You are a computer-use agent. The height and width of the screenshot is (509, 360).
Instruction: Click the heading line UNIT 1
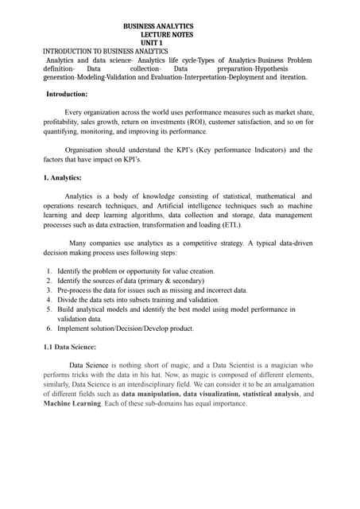coord(157,43)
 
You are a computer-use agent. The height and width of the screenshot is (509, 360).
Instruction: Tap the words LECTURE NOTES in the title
coord(166,35)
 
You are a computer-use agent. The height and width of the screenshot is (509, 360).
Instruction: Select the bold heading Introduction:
coord(67,94)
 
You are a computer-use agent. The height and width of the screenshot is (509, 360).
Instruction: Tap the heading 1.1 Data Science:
coord(70,347)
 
